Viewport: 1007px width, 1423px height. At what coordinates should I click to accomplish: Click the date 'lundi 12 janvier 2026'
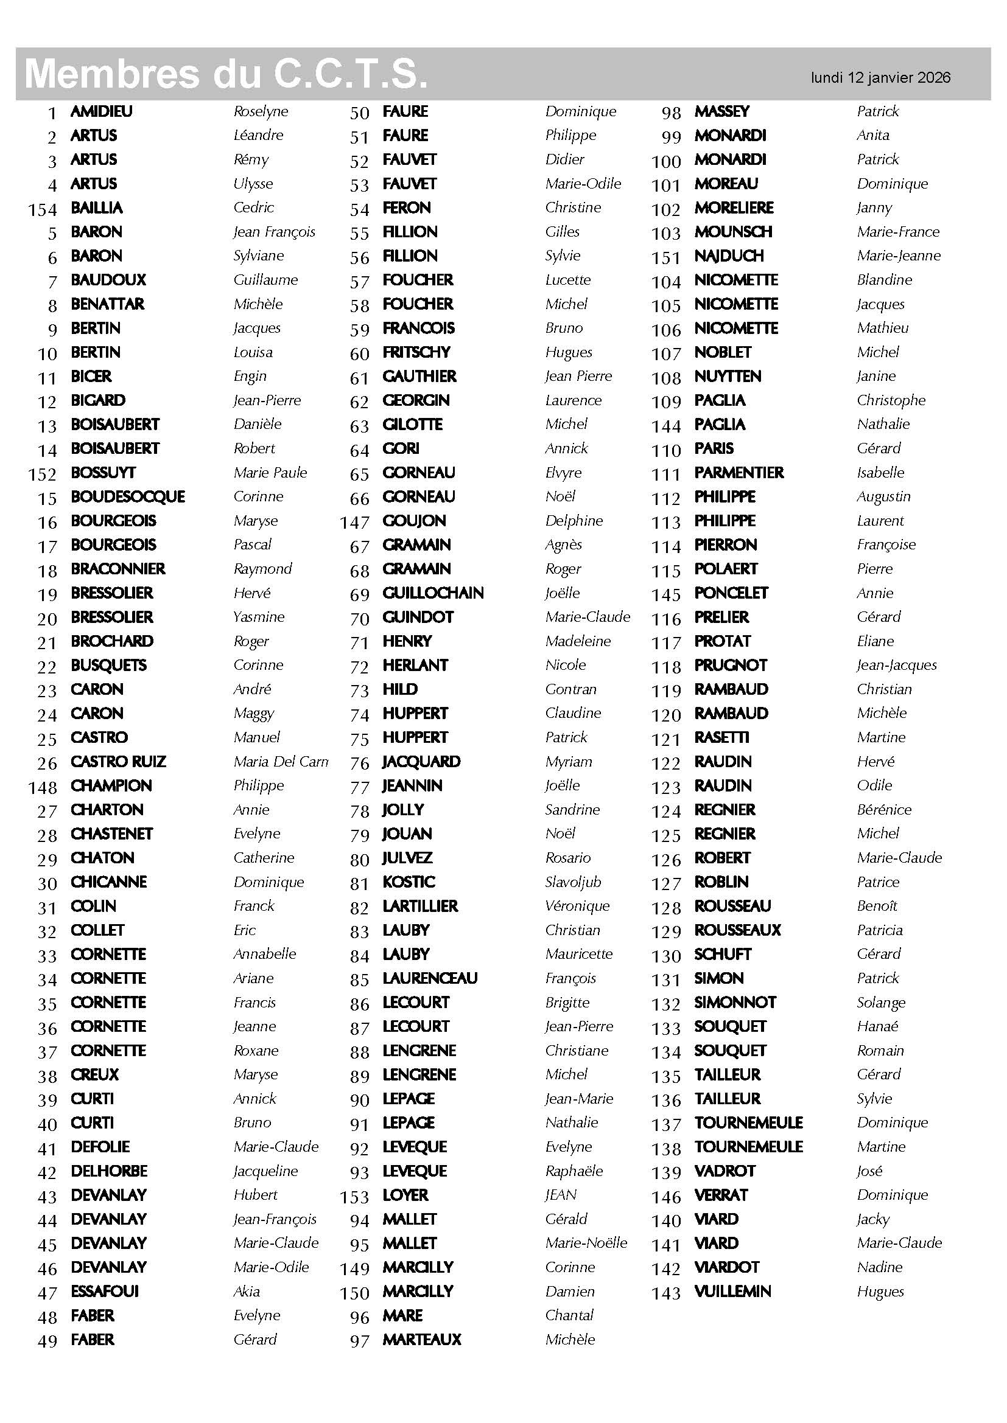point(880,77)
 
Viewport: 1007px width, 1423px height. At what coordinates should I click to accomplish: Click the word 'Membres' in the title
point(111,74)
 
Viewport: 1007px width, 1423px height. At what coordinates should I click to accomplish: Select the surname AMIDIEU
point(102,111)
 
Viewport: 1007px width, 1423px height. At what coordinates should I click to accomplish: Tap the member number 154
point(42,210)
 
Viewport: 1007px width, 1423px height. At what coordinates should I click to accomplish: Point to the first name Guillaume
point(265,280)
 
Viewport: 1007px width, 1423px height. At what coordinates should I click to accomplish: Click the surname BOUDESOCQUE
point(128,497)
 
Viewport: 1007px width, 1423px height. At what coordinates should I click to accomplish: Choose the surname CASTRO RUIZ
point(119,762)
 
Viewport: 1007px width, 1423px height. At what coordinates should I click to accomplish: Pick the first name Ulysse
point(253,184)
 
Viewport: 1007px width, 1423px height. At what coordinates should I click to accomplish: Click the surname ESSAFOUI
point(105,1292)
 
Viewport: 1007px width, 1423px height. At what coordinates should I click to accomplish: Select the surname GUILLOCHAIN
point(433,593)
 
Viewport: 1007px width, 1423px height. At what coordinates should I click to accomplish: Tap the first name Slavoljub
point(573,882)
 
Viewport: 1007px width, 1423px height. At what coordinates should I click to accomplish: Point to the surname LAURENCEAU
point(430,979)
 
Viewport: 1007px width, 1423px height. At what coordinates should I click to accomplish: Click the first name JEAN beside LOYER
point(561,1195)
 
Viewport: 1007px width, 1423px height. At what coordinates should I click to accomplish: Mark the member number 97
point(360,1341)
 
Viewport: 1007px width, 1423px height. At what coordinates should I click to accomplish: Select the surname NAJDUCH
point(729,256)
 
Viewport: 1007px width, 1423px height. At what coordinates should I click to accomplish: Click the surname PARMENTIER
point(739,473)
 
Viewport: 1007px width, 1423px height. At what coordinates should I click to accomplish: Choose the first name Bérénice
point(883,810)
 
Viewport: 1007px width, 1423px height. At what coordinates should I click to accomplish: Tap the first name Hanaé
point(877,1026)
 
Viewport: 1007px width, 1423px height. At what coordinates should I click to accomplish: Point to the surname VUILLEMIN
point(732,1292)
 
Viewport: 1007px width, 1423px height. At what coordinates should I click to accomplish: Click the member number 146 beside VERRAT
point(667,1197)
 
